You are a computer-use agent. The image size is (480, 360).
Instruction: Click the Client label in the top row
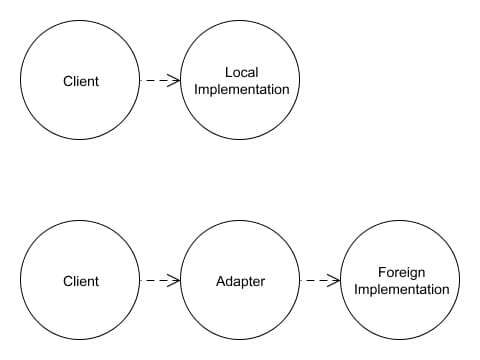tap(81, 81)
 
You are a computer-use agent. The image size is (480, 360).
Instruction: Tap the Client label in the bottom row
tap(81, 281)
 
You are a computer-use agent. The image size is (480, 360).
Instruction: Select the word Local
tap(242, 72)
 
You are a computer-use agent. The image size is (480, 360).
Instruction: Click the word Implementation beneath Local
tap(242, 89)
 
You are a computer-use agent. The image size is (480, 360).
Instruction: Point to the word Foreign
tap(402, 273)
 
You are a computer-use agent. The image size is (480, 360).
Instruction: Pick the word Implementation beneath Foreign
tap(402, 289)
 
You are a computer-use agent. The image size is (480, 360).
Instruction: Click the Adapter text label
tap(241, 281)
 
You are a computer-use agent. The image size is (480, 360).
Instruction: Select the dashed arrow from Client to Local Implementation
tap(160, 80)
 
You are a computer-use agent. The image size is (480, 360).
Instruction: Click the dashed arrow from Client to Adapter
tap(160, 280)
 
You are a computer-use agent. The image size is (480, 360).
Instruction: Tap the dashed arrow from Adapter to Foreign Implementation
tap(320, 280)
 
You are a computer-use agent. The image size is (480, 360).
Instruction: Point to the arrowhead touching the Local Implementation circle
tap(174, 80)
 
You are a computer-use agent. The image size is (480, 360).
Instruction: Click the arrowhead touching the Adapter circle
tap(174, 280)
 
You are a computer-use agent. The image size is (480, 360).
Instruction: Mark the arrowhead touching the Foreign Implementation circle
tap(334, 280)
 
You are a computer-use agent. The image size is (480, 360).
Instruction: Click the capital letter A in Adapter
tap(221, 281)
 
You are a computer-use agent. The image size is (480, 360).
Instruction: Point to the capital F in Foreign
tap(382, 272)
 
